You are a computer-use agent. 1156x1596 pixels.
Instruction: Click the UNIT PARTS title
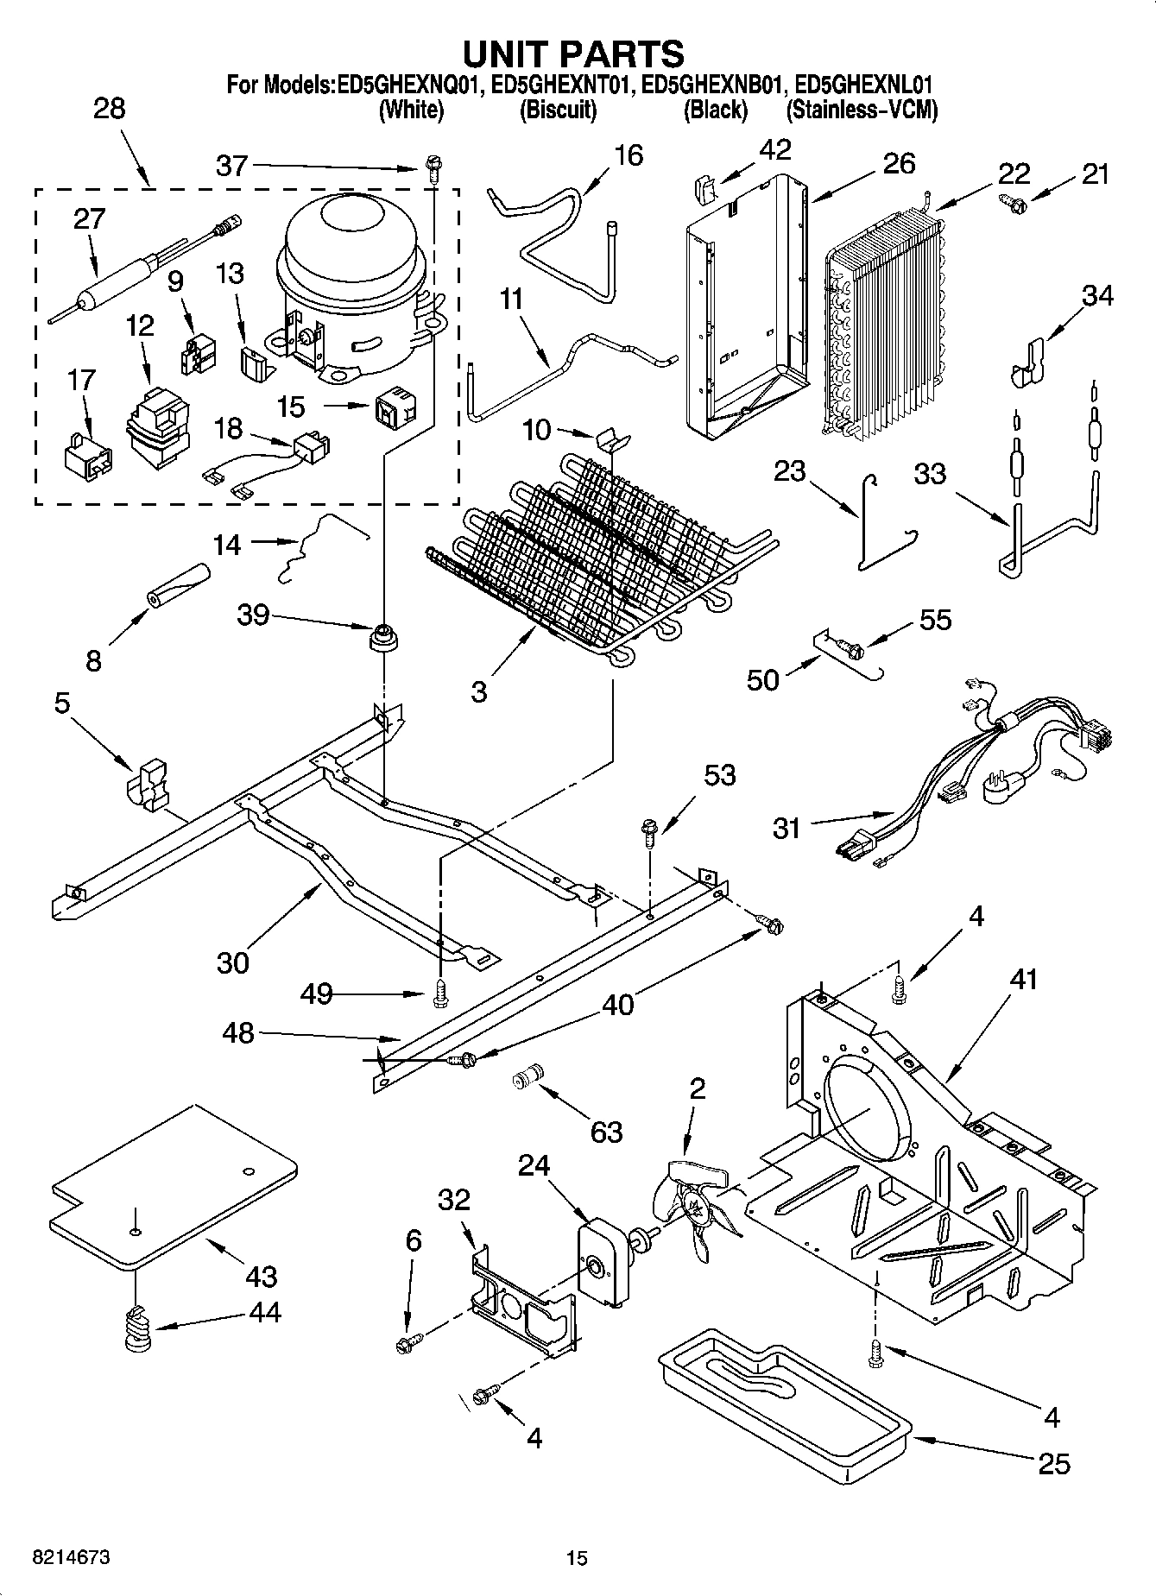[573, 54]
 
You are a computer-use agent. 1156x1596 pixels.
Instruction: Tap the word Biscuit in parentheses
[558, 110]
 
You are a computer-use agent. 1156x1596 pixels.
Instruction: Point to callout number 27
[89, 219]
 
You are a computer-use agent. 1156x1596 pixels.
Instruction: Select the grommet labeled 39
[381, 640]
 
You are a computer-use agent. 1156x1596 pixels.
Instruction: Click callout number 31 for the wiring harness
[786, 829]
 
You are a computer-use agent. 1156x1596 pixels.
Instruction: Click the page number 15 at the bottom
[577, 1558]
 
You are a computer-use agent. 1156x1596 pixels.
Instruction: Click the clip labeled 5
[148, 784]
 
